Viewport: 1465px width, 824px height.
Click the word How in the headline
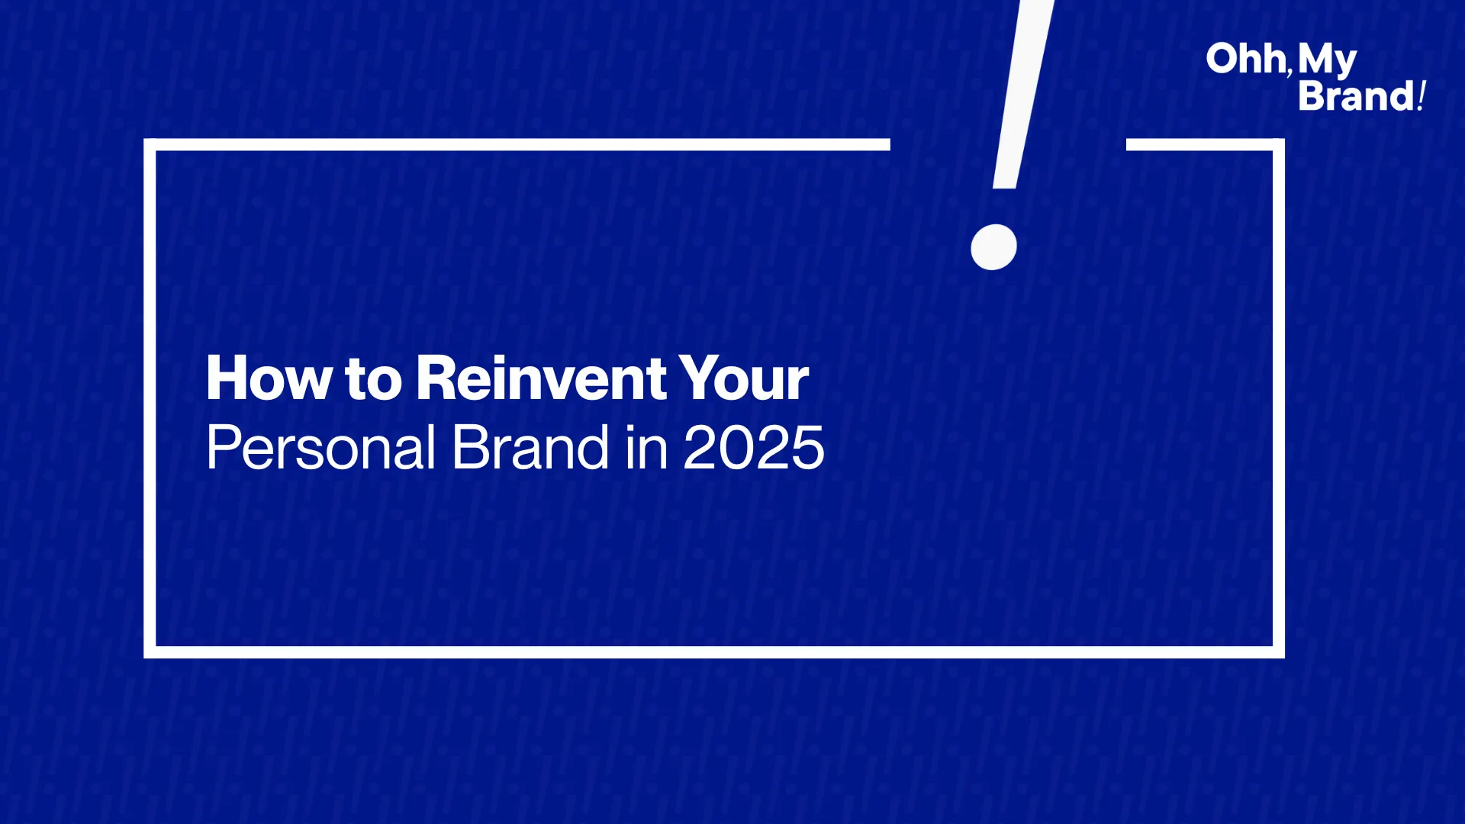(x=269, y=378)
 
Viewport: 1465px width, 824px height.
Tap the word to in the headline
(x=373, y=379)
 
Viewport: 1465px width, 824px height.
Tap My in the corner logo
(x=1328, y=60)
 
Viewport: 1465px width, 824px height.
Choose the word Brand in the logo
(x=1357, y=96)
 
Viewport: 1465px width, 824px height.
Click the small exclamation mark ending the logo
(x=1422, y=96)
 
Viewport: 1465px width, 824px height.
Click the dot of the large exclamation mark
(x=993, y=246)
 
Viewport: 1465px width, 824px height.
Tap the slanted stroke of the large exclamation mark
(x=1023, y=94)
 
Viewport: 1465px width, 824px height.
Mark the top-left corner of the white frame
(x=150, y=145)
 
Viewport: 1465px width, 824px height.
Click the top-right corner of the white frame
(x=1279, y=145)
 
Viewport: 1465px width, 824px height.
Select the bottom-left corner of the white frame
(x=150, y=652)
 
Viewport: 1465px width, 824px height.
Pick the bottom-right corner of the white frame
(x=1279, y=652)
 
